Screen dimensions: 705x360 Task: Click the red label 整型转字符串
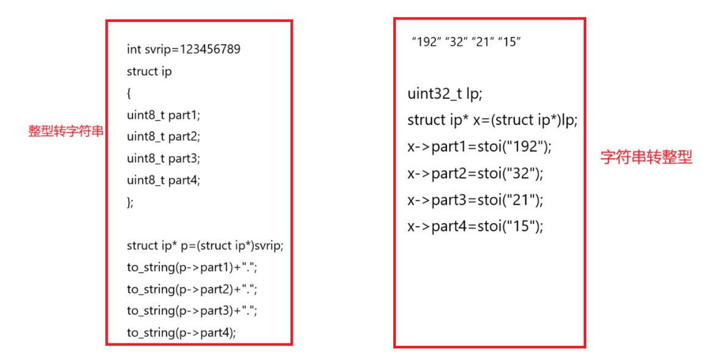pos(66,131)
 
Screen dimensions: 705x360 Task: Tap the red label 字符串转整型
pos(646,157)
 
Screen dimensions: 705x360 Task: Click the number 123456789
pos(210,49)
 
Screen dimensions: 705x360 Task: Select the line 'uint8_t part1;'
pos(163,115)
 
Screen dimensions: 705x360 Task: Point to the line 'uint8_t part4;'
pos(163,180)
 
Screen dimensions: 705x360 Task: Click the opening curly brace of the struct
pos(129,93)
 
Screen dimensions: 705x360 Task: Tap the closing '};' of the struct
pos(130,202)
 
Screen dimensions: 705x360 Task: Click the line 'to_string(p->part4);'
pos(181,332)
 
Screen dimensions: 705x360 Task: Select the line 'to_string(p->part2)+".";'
pos(192,289)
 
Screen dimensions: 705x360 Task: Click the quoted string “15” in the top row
pos(509,42)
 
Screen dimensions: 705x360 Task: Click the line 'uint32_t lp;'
pos(444,94)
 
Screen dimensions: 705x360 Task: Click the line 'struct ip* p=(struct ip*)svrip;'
pos(205,245)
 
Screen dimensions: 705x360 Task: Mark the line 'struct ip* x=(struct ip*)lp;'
pos(492,120)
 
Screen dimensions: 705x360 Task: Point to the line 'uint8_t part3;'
pos(163,158)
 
